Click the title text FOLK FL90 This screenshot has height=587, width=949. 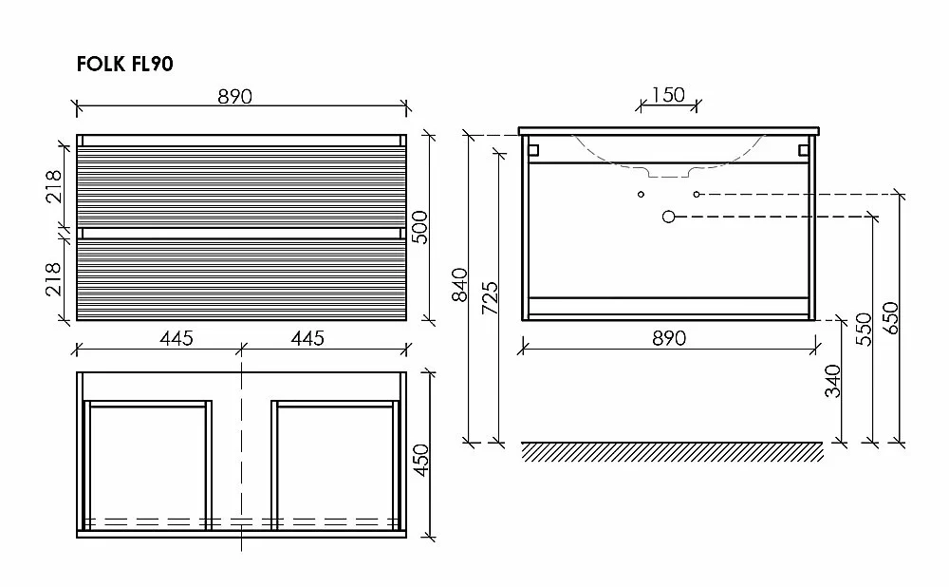pos(124,64)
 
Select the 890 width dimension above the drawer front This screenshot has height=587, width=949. pos(234,96)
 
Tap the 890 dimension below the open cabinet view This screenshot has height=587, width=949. pos(669,338)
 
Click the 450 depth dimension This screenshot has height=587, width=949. pos(420,460)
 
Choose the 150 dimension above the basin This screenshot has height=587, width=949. pos(668,95)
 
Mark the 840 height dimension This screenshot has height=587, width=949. pos(460,285)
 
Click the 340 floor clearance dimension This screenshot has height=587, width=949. pos(833,381)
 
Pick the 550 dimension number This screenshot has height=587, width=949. pos(865,329)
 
